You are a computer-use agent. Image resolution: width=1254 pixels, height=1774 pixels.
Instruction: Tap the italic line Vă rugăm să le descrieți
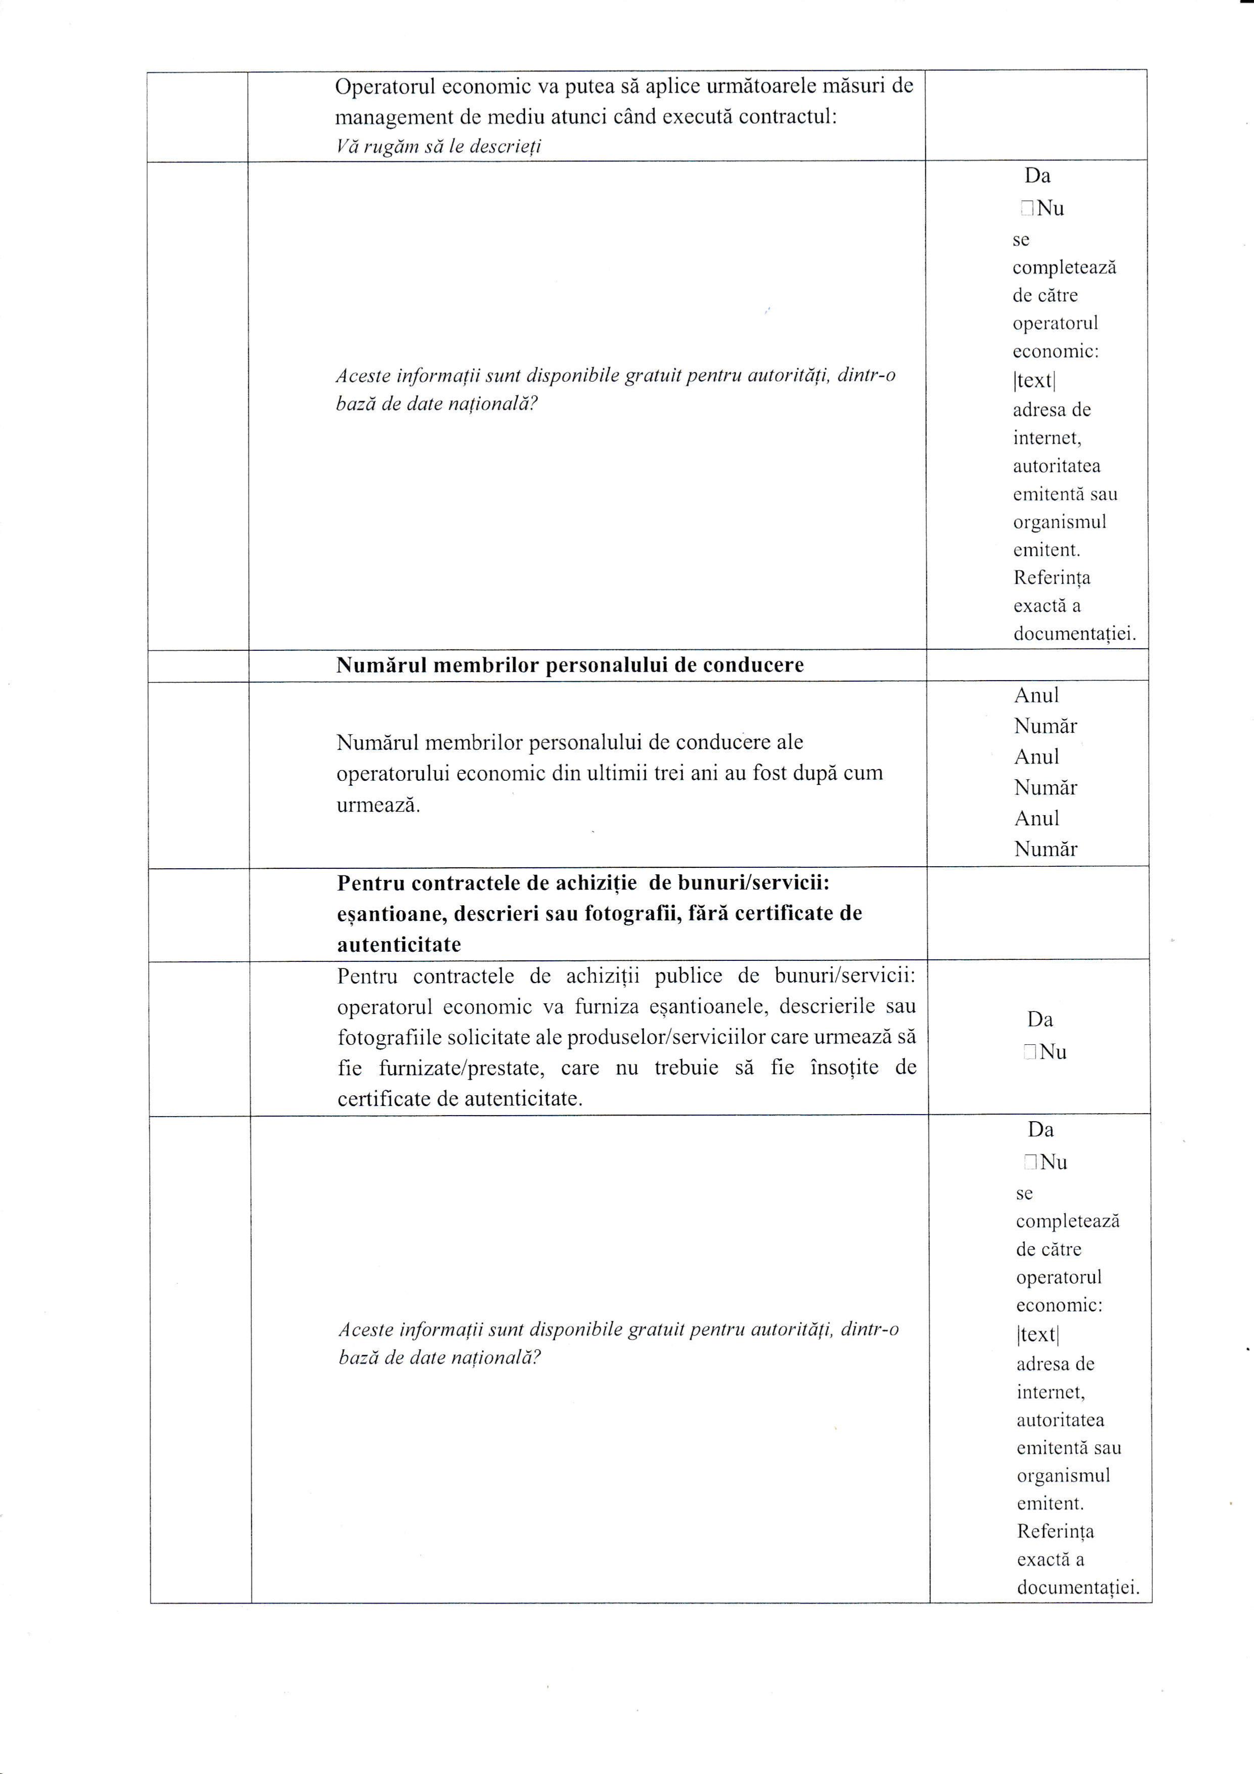[438, 146]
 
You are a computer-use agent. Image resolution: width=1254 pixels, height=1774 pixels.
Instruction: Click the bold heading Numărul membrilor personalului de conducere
[569, 666]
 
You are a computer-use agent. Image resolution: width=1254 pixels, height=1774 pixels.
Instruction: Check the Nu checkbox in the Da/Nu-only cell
[1028, 1052]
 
